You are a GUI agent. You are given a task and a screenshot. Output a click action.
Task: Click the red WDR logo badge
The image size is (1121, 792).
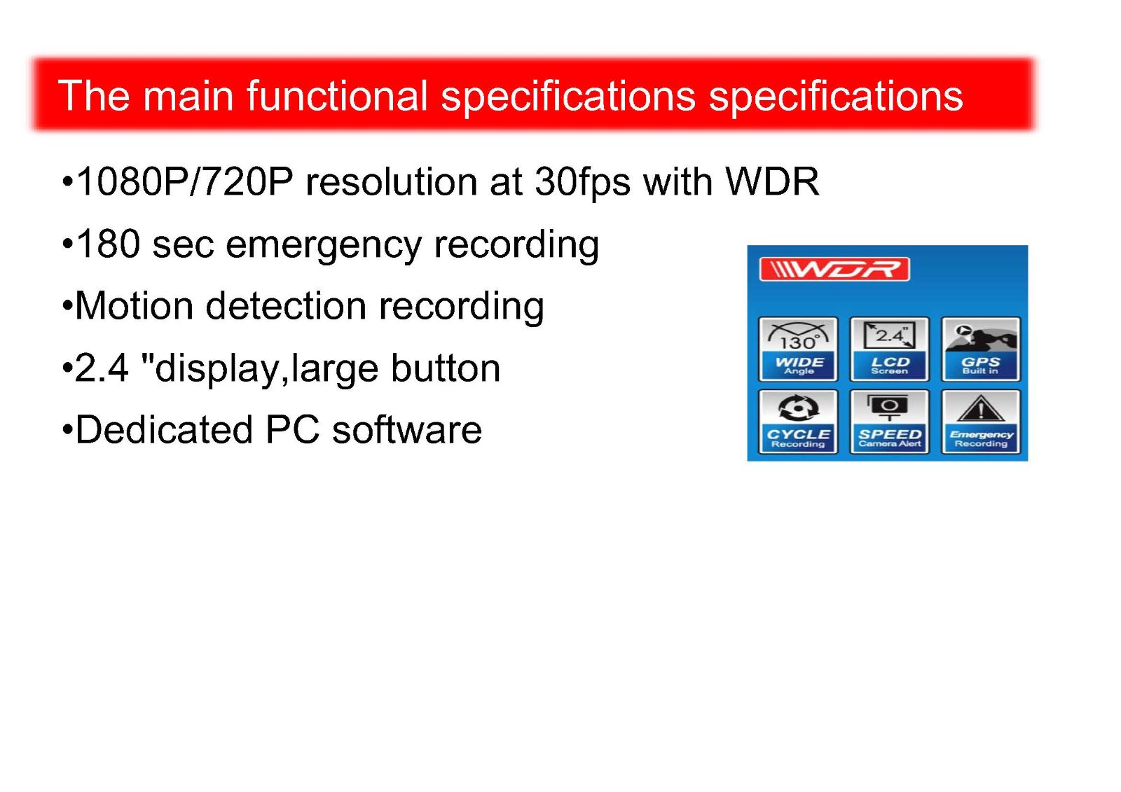pos(834,269)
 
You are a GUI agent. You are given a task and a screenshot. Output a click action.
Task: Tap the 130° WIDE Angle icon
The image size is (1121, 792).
pos(798,349)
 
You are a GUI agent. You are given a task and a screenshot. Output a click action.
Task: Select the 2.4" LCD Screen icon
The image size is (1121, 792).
pos(889,349)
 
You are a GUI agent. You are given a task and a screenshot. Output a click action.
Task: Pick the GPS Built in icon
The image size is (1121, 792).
pos(980,349)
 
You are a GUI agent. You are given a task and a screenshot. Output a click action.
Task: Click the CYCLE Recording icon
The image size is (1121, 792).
pos(798,422)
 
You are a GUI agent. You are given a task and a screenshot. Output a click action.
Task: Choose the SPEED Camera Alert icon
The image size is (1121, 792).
pos(889,422)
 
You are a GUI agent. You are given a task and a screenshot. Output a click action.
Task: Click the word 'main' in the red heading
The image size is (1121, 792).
pos(188,95)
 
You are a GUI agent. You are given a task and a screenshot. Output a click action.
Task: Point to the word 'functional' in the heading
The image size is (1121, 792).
pos(338,95)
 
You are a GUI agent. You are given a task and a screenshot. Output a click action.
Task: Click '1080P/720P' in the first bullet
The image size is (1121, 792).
pos(185,181)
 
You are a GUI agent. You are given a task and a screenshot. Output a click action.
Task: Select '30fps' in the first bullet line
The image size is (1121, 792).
pos(582,181)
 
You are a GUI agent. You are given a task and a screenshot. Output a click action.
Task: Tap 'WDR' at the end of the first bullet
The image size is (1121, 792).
pos(772,181)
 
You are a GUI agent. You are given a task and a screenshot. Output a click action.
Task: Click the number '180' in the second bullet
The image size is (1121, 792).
pos(109,244)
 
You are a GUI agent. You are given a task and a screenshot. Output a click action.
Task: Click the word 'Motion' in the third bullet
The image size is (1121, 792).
pos(134,306)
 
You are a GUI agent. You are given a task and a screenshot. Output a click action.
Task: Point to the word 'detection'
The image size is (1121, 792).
pos(286,306)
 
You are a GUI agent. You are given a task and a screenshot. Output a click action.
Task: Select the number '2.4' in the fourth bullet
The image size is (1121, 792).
pos(102,368)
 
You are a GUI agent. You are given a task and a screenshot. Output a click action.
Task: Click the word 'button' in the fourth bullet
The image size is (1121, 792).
pos(446,368)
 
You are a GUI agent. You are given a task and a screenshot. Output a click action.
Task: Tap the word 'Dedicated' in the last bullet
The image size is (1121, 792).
pos(164,430)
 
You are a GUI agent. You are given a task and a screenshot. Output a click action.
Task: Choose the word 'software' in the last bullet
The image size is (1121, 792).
pos(407,430)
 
